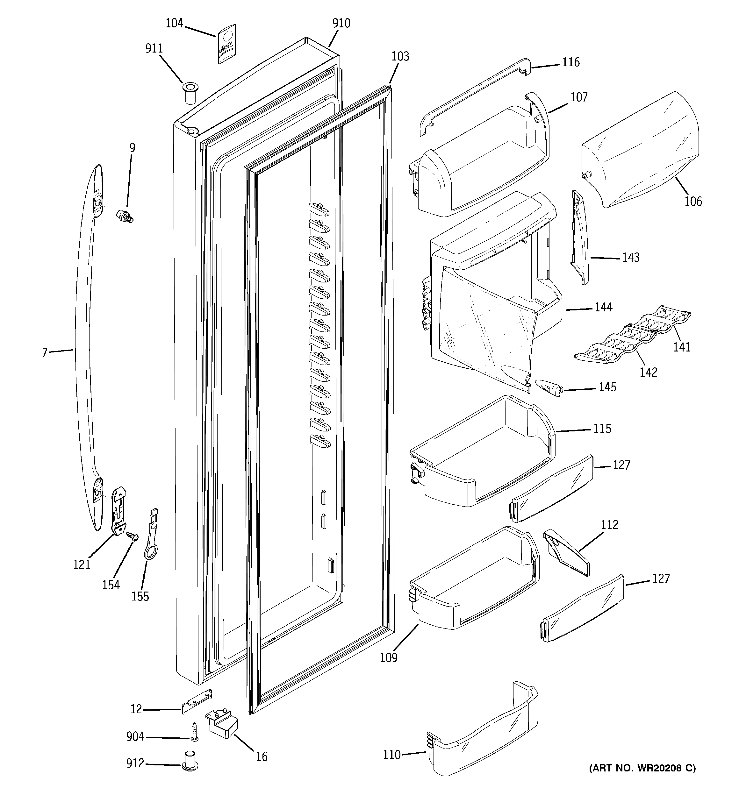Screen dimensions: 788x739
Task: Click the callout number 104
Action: tap(174, 23)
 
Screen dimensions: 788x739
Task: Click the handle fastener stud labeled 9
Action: tap(125, 217)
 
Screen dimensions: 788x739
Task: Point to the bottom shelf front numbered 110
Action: tap(484, 745)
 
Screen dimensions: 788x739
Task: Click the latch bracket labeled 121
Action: tap(118, 511)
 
